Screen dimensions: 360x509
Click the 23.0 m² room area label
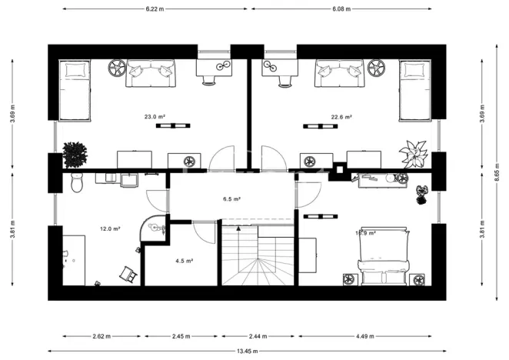pos(155,117)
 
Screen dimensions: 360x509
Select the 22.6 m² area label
pos(341,117)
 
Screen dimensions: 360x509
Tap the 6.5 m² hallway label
pos(232,199)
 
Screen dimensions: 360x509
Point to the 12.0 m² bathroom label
pos(111,228)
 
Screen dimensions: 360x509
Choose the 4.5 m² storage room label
pos(184,261)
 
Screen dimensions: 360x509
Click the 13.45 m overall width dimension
pos(247,352)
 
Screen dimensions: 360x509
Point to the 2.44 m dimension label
pos(258,336)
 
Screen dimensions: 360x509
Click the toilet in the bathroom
pos(76,183)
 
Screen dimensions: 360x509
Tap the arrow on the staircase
pos(239,228)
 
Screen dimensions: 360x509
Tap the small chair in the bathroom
pos(126,274)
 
